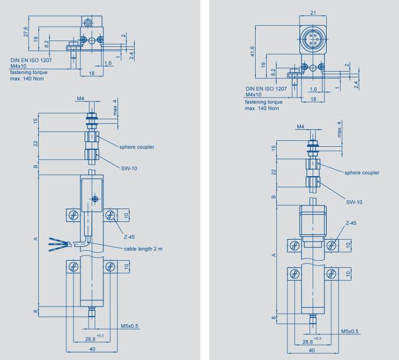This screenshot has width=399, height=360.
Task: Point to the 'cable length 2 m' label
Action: pos(143,249)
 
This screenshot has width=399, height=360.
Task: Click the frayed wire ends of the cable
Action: pos(58,241)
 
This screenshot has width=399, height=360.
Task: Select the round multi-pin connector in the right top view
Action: pos(313,41)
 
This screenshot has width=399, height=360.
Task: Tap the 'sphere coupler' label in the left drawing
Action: pos(136,147)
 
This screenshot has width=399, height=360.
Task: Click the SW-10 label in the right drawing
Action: pos(354,203)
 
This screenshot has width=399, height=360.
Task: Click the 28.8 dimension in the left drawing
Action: pos(90,339)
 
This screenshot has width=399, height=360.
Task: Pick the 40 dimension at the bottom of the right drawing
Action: pos(310,352)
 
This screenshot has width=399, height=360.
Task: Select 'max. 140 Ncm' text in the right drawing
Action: pos(262,108)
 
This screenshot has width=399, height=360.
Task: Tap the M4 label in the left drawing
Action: pos(81,99)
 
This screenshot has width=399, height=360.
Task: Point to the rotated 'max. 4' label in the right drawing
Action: pos(339,130)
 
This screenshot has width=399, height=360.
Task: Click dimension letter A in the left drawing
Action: pos(36,239)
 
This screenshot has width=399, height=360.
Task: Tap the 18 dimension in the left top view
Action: pos(91,73)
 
